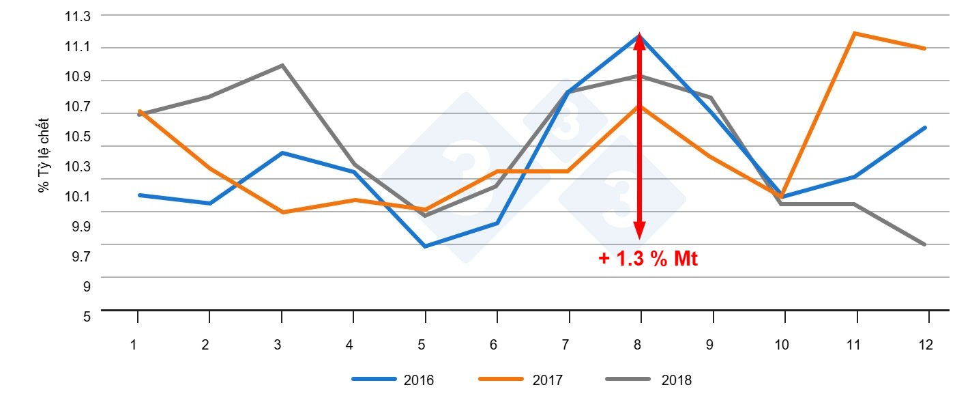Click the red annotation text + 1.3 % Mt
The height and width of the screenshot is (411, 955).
click(648, 259)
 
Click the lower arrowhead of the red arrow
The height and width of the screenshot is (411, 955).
click(639, 232)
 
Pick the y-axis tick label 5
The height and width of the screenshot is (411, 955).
click(87, 317)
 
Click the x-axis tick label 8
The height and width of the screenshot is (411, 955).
click(637, 345)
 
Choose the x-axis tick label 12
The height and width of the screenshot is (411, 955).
click(926, 345)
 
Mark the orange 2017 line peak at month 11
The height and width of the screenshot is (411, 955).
click(855, 33)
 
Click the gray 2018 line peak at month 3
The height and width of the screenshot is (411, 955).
click(282, 66)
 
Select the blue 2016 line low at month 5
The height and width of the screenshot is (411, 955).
click(425, 246)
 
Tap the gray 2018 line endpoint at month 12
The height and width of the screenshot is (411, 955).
click(925, 244)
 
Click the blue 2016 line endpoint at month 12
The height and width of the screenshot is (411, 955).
click(925, 128)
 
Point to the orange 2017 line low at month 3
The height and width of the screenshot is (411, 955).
click(282, 212)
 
